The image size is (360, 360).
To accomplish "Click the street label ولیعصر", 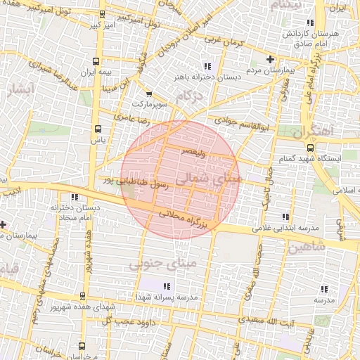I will [193, 150].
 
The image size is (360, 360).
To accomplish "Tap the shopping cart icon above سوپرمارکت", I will [148, 94].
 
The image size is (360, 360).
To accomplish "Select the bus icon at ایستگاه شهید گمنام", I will [310, 147].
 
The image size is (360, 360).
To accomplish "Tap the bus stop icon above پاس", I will [96, 129].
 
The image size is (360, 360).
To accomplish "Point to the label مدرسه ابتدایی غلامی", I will [285, 229].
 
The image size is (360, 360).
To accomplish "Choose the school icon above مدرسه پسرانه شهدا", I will [167, 286].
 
